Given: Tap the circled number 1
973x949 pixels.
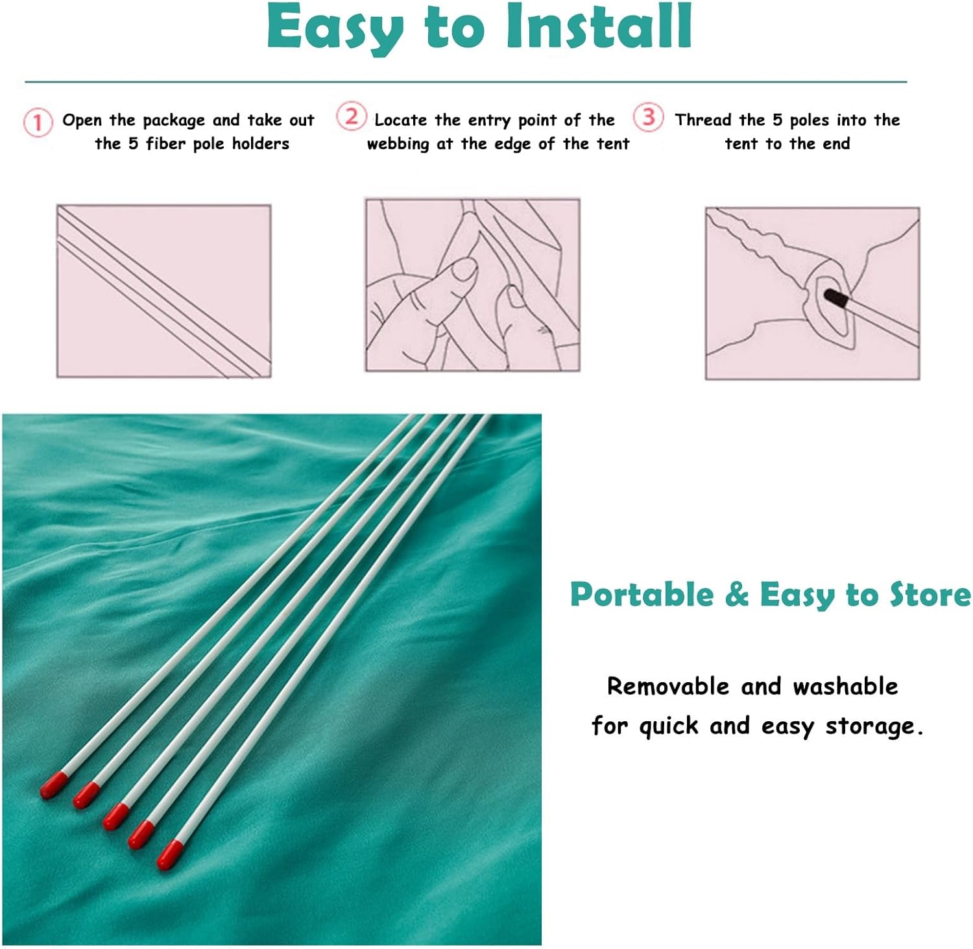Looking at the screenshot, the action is coord(38,123).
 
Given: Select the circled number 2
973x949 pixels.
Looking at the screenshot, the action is coord(351,117).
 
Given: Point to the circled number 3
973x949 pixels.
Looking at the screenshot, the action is coord(648,117).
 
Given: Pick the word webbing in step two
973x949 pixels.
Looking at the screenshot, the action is coord(398,144).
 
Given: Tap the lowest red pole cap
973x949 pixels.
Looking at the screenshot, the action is coord(170,854).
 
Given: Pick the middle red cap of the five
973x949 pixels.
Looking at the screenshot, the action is coord(116,816).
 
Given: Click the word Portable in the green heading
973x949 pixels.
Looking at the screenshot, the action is coord(642,595).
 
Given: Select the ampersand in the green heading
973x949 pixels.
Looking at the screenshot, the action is coord(736,595).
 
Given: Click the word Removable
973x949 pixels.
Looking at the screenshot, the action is coord(668,686).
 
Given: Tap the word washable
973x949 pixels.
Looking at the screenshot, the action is coord(845,686).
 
